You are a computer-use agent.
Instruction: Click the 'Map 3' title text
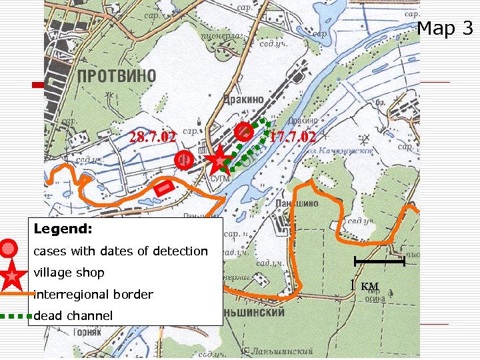pyautogui.click(x=445, y=29)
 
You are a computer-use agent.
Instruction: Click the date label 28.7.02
pyautogui.click(x=153, y=137)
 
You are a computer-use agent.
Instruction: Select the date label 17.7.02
pyautogui.click(x=293, y=137)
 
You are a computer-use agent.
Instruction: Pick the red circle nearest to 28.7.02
pyautogui.click(x=183, y=160)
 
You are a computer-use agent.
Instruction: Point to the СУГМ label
pyautogui.click(x=220, y=179)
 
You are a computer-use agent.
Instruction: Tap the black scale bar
pyautogui.click(x=379, y=261)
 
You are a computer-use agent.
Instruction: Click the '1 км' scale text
pyautogui.click(x=365, y=286)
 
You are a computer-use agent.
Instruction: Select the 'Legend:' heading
pyautogui.click(x=63, y=229)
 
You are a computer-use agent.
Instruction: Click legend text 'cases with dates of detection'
pyautogui.click(x=121, y=251)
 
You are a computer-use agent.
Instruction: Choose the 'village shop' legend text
pyautogui.click(x=69, y=273)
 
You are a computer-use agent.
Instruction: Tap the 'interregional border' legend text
pyautogui.click(x=93, y=294)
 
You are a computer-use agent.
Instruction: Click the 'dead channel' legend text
pyautogui.click(x=73, y=315)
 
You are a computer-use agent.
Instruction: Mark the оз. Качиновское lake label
pyautogui.click(x=345, y=151)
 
